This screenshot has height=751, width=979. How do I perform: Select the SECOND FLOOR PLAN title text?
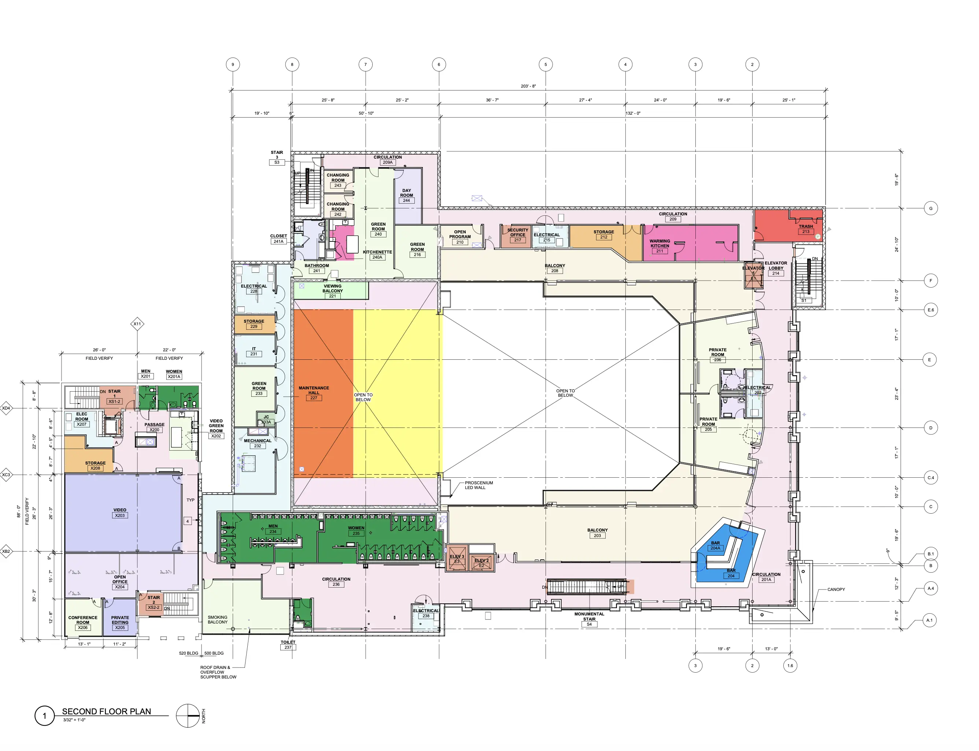[106, 711]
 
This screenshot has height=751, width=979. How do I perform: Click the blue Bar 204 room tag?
[731, 576]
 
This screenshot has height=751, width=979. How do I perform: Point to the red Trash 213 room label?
[806, 229]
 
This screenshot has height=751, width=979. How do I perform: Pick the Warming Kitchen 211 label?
[660, 246]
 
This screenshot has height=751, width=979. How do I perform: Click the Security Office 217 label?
[517, 235]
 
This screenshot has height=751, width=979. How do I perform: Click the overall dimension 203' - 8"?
[528, 86]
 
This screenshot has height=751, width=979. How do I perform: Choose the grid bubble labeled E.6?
[930, 310]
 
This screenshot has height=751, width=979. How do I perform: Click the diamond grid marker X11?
[137, 323]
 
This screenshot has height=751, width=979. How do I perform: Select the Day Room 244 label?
[406, 195]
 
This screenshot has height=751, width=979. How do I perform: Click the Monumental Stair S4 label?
[589, 619]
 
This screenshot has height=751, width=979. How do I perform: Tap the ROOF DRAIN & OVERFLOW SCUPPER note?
[218, 672]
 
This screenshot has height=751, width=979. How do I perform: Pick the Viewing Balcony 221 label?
[332, 291]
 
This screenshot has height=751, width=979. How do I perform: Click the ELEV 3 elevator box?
[457, 558]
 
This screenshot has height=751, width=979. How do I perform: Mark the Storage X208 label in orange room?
[95, 465]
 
